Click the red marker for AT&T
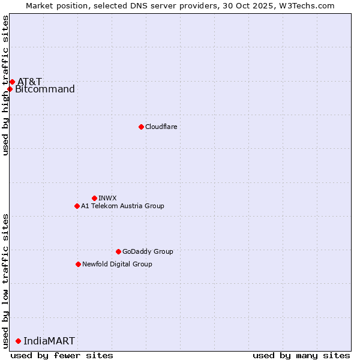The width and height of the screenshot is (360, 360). [x=12, y=82]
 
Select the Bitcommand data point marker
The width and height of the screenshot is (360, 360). [x=10, y=89]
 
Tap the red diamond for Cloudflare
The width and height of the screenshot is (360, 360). [x=141, y=127]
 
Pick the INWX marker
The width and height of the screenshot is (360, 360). [x=94, y=198]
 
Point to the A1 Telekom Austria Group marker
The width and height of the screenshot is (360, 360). [x=77, y=206]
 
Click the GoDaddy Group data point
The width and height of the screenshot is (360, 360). [x=118, y=251]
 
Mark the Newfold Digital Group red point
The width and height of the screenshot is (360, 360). [x=78, y=264]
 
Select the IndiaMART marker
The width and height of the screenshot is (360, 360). [x=18, y=341]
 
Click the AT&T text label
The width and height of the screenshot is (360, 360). [x=29, y=82]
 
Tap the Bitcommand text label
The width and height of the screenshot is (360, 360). [x=45, y=89]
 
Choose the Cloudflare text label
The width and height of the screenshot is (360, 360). [x=161, y=127]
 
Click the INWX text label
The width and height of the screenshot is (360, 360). [x=107, y=198]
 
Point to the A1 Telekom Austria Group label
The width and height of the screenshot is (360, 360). [x=122, y=206]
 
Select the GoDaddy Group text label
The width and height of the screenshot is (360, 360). [x=148, y=251]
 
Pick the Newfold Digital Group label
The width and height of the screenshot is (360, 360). [x=117, y=264]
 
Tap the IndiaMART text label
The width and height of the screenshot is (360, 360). [x=49, y=341]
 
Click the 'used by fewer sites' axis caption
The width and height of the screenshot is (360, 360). [x=62, y=355]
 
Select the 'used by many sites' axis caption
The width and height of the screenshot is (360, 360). [x=301, y=355]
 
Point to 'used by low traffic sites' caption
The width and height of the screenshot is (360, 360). [x=5, y=280]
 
